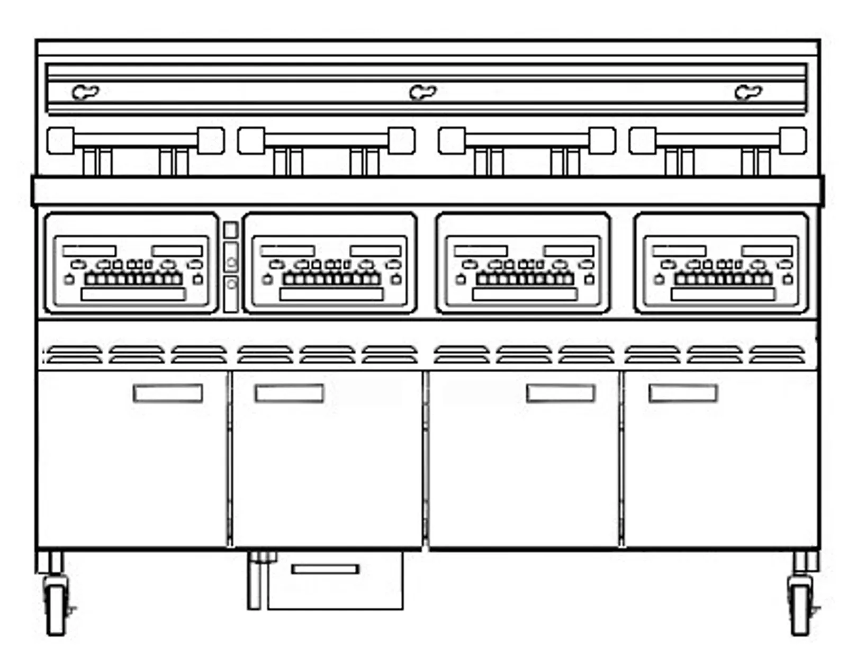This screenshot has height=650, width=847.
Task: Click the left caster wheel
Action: [56, 609]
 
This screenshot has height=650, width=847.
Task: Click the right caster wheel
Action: [800, 609]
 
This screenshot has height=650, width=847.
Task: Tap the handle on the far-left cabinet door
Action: [168, 393]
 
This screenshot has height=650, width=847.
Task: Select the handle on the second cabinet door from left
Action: [289, 393]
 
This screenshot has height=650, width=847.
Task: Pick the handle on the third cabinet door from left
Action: [561, 393]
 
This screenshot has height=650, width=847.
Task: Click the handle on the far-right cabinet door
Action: [683, 393]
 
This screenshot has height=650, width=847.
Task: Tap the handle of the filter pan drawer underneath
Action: [325, 569]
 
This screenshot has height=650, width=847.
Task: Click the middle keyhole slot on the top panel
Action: [423, 92]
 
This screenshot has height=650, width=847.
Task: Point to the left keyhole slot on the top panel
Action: [85, 92]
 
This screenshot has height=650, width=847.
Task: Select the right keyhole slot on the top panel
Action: [748, 92]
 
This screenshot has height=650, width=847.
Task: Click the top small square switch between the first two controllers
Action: [231, 230]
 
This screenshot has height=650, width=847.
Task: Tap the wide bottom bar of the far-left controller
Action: [133, 294]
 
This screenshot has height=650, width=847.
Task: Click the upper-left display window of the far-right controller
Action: [679, 251]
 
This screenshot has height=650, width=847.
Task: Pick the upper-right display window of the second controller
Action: [375, 251]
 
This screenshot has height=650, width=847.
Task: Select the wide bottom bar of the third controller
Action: [525, 294]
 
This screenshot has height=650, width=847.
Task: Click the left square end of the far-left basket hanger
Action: [60, 141]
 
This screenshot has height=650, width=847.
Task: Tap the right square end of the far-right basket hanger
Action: [792, 141]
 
